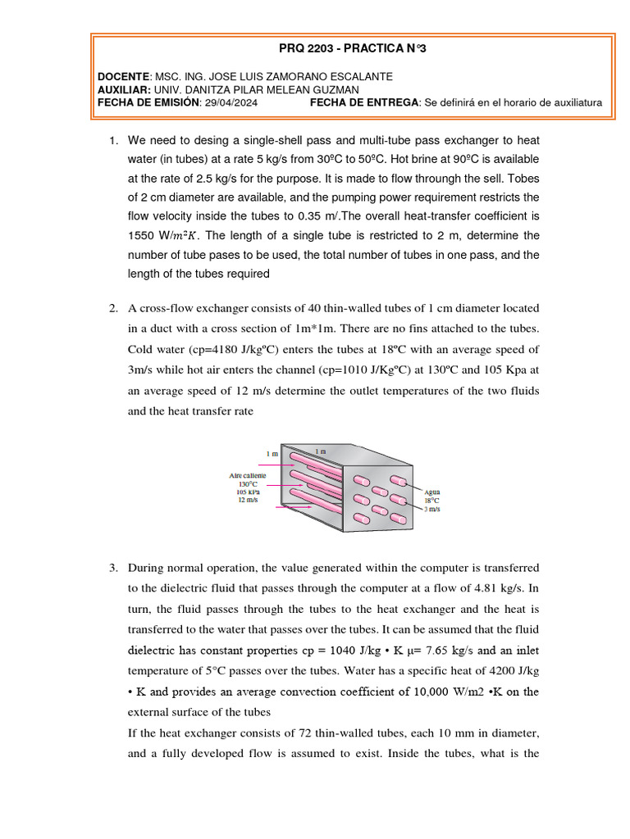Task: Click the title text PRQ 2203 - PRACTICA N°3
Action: [351, 49]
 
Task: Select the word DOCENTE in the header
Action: [123, 76]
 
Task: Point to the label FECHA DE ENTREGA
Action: [364, 102]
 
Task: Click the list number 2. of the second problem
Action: [114, 308]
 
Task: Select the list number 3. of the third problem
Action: [114, 568]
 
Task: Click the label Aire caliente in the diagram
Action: [248, 475]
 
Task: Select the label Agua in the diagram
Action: [432, 491]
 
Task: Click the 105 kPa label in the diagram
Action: [249, 492]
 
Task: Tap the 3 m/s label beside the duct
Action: [431, 509]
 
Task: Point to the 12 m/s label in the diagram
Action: [249, 500]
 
